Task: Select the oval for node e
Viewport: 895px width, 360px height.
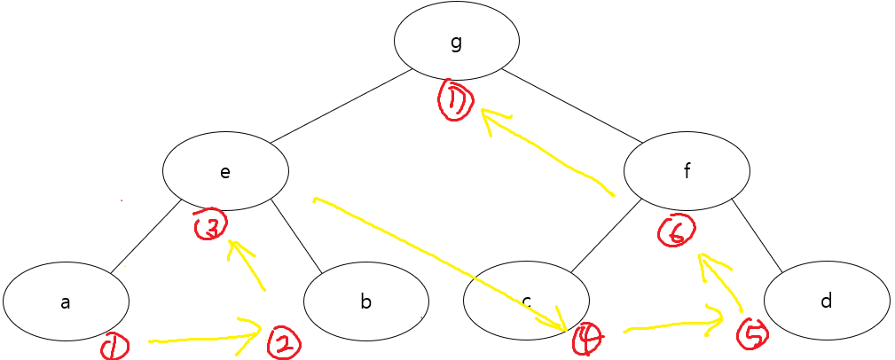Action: pos(225,171)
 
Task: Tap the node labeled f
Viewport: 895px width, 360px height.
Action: pos(687,171)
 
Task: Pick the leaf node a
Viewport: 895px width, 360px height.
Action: pos(66,301)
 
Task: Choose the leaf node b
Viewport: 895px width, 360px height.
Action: pos(366,301)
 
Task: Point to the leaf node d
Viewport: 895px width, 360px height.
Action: pos(826,301)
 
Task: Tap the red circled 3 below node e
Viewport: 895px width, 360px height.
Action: pos(211,225)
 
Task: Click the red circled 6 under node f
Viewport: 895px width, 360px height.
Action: pos(676,232)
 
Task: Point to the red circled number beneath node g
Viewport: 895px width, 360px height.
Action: pos(457,102)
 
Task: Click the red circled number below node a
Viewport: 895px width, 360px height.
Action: pos(114,347)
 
